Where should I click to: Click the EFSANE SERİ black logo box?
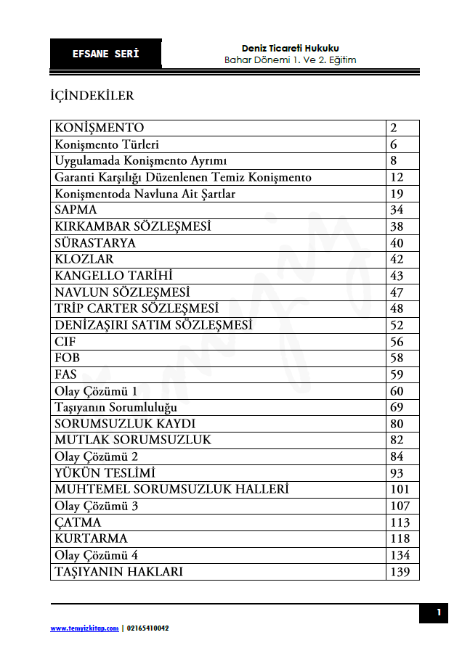(106, 54)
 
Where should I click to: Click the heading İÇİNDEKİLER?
(92, 95)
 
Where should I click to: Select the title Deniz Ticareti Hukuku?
(291, 48)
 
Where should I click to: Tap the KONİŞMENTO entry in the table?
(100, 128)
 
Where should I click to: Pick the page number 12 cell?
(397, 177)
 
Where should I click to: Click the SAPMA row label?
(76, 210)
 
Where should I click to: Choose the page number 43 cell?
(397, 276)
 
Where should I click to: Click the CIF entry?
(65, 341)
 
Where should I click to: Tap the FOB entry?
(67, 358)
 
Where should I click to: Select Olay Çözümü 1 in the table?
(96, 391)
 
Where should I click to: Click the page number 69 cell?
(397, 407)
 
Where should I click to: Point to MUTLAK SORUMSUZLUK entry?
(133, 440)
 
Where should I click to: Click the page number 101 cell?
(400, 489)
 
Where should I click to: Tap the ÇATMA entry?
(78, 522)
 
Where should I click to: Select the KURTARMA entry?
(91, 538)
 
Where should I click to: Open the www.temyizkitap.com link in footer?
(84, 628)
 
